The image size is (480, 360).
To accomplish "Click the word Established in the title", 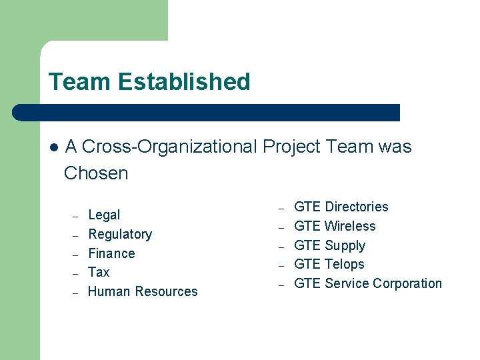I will click(185, 82).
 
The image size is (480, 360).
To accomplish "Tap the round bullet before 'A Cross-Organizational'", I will click(53, 147).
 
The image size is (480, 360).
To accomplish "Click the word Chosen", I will click(96, 173).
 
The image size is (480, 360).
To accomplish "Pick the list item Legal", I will click(104, 215).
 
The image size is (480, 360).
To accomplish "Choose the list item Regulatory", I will click(120, 234).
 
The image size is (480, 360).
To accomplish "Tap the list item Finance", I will click(111, 253).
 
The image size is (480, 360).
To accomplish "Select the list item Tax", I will click(99, 272).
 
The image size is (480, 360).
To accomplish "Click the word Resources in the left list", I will click(166, 291).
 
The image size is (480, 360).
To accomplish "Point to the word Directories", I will click(356, 207).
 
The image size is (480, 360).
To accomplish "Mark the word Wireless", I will click(350, 226).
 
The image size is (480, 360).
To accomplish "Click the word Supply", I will click(345, 245).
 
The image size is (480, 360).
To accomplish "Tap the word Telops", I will click(344, 264).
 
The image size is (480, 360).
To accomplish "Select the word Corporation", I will click(407, 283).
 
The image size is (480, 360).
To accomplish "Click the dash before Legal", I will click(76, 216).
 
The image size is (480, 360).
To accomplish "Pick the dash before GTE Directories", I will click(281, 207).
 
